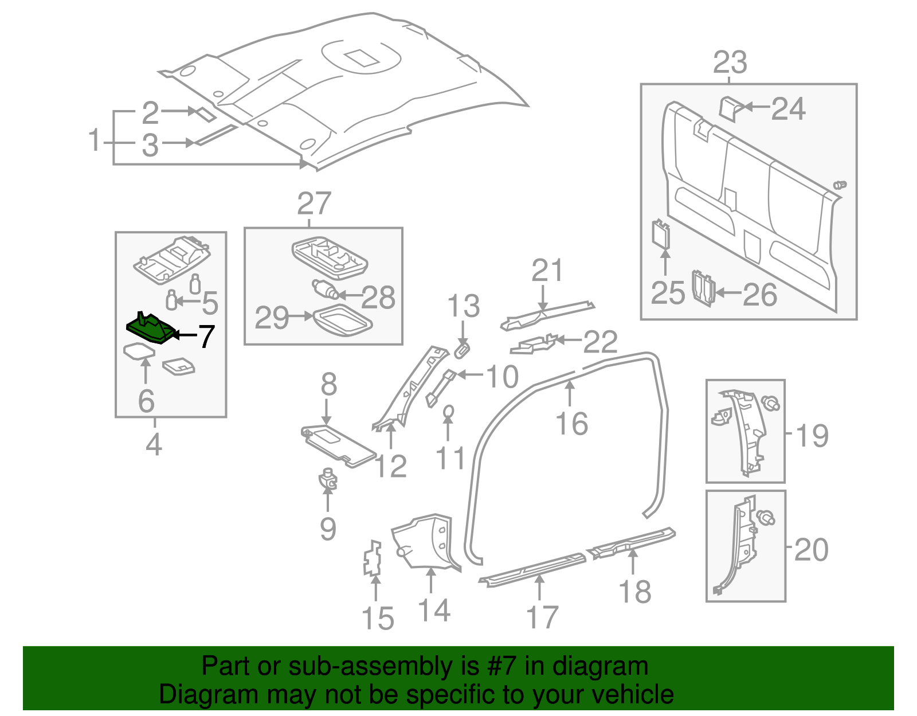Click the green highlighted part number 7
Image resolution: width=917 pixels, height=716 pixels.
tap(150, 329)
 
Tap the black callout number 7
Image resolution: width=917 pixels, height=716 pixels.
tap(206, 336)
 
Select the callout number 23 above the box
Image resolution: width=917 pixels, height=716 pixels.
tap(730, 62)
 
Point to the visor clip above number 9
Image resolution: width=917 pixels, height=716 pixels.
tap(328, 479)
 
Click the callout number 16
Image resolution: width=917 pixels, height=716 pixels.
tap(571, 424)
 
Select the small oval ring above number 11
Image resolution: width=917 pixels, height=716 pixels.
tap(449, 412)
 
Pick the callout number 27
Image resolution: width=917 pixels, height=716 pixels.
tap(314, 204)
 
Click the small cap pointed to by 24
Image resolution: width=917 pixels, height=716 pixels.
tap(729, 108)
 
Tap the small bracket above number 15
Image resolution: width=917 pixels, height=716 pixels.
tap(373, 558)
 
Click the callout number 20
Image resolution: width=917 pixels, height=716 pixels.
tap(811, 550)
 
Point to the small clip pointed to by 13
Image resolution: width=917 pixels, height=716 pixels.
tap(462, 350)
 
